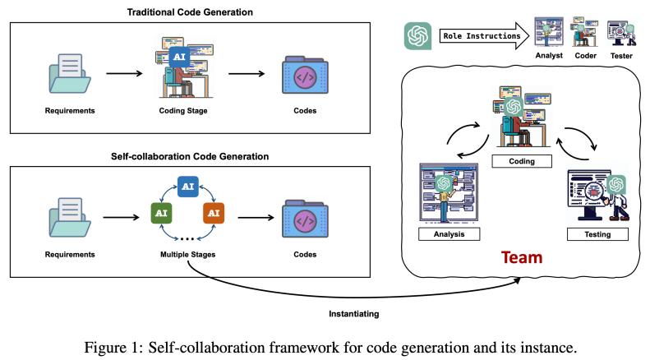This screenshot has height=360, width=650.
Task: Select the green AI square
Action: click(159, 213)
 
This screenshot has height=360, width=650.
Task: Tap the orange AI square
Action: click(212, 213)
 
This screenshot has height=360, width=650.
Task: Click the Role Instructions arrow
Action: click(480, 36)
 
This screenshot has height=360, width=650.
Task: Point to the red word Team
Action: click(523, 257)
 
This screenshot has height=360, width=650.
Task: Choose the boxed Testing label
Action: click(597, 234)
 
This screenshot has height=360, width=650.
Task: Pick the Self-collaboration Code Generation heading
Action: click(190, 156)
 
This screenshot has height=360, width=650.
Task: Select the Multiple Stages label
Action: click(187, 255)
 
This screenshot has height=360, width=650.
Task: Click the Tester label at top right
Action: click(622, 55)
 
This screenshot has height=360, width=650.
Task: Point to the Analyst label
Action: click(549, 55)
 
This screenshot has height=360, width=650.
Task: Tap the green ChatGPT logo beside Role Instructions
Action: click(418, 36)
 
